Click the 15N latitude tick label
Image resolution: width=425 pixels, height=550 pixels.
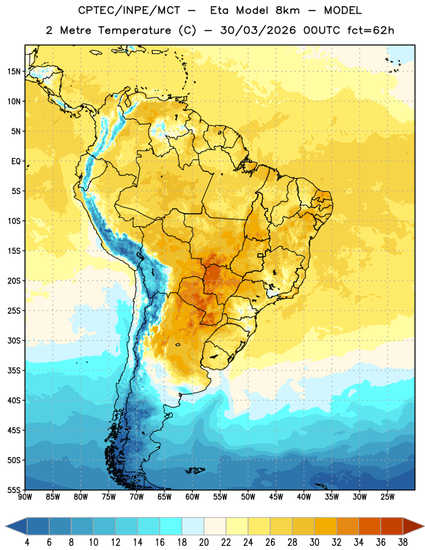coord(14,71)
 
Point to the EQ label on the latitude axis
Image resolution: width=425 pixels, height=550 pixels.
coord(16,162)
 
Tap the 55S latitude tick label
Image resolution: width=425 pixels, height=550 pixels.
coord(14,489)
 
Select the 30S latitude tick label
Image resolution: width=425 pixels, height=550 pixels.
coord(14,340)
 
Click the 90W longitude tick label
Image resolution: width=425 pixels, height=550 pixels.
coord(25,497)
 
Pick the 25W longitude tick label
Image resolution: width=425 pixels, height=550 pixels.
coord(387,497)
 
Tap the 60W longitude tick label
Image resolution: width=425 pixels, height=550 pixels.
coord(193,497)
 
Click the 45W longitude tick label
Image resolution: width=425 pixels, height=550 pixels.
coord(276,497)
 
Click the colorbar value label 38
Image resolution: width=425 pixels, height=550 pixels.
coord(403,542)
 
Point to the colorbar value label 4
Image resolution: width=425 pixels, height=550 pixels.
coord(27,542)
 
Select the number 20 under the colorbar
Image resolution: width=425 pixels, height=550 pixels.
coord(204,542)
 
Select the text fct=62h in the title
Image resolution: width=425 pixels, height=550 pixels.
coord(371,30)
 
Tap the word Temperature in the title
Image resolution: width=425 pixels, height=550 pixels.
coord(134,30)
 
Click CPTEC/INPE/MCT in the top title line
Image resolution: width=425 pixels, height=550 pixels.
coord(129,10)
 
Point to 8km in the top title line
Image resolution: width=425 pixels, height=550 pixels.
coord(287,10)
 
